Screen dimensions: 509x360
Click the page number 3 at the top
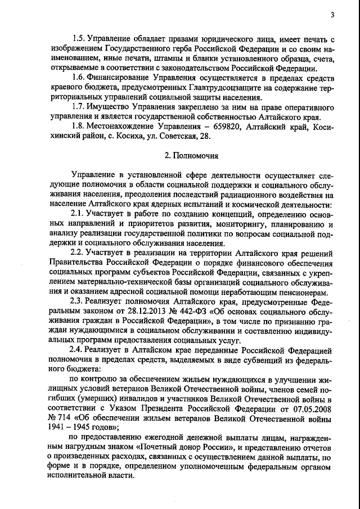pyautogui.click(x=333, y=16)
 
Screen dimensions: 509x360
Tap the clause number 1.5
pyautogui.click(x=79, y=39)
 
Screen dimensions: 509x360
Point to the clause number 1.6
pyautogui.click(x=79, y=75)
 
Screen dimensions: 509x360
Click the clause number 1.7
pyautogui.click(x=79, y=106)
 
